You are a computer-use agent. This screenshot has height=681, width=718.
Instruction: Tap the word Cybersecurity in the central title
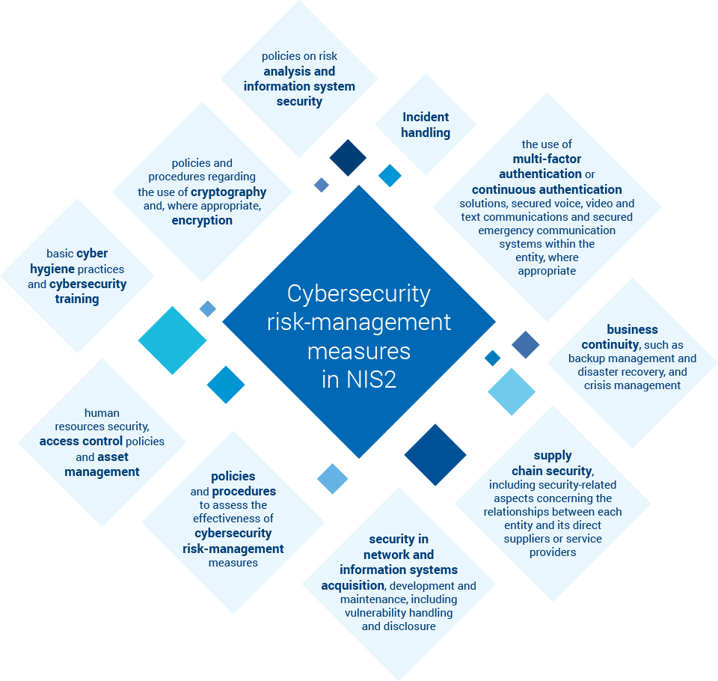point(359,293)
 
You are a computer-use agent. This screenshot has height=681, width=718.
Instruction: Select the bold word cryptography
point(229,192)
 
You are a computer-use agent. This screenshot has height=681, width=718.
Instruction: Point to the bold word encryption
point(202,220)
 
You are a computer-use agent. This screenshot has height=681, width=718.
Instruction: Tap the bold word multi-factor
point(547,159)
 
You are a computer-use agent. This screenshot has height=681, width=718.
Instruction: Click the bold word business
point(632,329)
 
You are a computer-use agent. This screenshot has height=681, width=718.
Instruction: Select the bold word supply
point(553,455)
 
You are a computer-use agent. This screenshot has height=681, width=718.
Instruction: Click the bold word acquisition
point(353,584)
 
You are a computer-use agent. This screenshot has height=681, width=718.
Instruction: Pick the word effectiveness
point(233,518)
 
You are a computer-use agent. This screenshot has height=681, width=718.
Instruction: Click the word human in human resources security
point(102,412)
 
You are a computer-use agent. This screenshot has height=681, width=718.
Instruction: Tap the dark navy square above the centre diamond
point(348,158)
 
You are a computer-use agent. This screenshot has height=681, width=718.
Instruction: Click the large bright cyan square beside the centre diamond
point(172,340)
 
